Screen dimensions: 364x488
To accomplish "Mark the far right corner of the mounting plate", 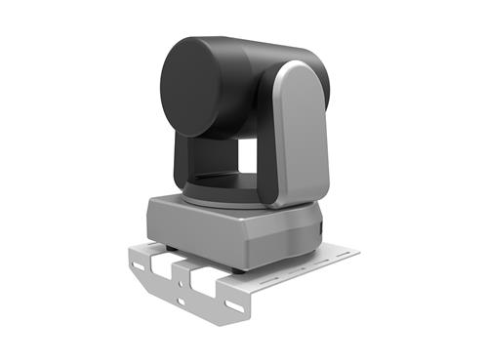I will [x=356, y=252].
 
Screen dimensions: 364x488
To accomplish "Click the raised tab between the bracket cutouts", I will [x=185, y=272].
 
